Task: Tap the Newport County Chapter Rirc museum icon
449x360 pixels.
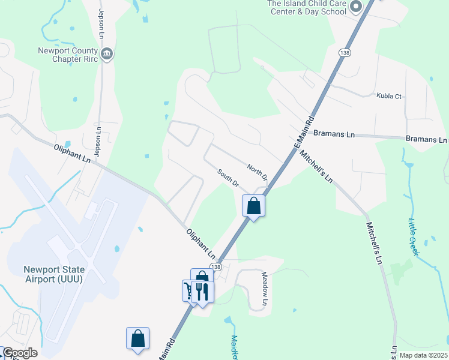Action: (x=107, y=54)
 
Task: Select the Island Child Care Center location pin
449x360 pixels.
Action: (x=355, y=7)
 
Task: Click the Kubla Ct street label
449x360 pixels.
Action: (x=388, y=96)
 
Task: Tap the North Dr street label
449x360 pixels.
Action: (x=257, y=171)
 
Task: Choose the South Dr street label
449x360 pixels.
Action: (x=228, y=177)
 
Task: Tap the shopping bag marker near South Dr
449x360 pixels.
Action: (x=254, y=206)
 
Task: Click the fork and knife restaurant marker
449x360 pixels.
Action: (x=202, y=292)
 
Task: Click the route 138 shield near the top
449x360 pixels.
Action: (x=344, y=53)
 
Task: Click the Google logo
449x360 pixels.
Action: (x=19, y=353)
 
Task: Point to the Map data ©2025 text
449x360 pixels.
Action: (x=423, y=355)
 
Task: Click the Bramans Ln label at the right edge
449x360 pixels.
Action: (x=426, y=139)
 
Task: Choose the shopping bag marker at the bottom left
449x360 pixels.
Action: (x=137, y=338)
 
